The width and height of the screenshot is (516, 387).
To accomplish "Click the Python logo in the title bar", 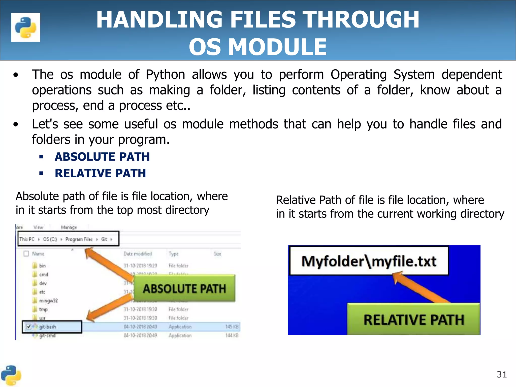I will pos(26,27).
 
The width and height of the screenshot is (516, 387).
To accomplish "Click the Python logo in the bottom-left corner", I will pos(11,375).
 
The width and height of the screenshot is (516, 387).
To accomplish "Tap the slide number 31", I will pos(502,375).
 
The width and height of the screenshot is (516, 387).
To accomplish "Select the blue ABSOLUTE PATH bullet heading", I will pos(102,157).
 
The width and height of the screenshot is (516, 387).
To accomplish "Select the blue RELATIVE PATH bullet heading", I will pos(100,173).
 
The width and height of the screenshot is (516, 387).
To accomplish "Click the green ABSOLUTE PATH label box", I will pos(184,288).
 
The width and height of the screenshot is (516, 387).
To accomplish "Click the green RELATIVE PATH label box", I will pos(414,319).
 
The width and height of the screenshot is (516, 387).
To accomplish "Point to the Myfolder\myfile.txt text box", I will pos(369,261).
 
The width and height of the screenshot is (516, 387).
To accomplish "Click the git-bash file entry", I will pos(48,327).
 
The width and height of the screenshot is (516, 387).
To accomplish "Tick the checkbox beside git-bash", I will pos(29,327).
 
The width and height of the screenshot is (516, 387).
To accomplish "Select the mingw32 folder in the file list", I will pos(48,301).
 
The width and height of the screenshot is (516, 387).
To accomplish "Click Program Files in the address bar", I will pos(79,239).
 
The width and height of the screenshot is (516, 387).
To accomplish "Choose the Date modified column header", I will pos(138,254).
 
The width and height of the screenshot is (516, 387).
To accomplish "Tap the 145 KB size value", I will pos(232,327).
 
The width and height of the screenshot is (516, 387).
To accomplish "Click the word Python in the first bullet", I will pos(166,75).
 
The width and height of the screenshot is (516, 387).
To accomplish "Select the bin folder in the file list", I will pos(42,266).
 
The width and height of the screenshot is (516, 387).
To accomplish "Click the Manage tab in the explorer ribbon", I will pos(69,227).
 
